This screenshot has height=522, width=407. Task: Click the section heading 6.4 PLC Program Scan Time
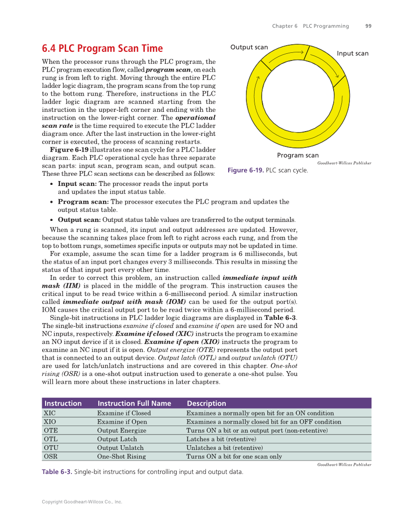pyautogui.click(x=102, y=49)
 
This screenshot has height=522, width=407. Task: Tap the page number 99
pyautogui.click(x=368, y=26)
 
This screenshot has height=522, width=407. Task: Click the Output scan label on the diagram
pyautogui.click(x=249, y=47)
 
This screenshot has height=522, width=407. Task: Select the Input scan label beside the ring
pyautogui.click(x=352, y=53)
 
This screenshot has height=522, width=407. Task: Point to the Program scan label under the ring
pyautogui.click(x=297, y=155)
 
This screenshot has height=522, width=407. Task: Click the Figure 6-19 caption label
pyautogui.click(x=245, y=170)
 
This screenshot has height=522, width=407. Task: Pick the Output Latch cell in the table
pyautogui.click(x=117, y=439)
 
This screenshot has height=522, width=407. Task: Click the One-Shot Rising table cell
pyautogui.click(x=121, y=456)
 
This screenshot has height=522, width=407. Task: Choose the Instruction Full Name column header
pyautogui.click(x=134, y=403)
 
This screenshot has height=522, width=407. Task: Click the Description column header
pyautogui.click(x=206, y=403)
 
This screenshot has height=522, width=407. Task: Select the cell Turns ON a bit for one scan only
pyautogui.click(x=234, y=456)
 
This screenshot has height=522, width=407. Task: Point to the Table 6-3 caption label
pyautogui.click(x=57, y=472)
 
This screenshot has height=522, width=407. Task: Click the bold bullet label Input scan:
pyautogui.click(x=77, y=184)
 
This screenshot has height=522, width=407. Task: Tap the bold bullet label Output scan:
pyautogui.click(x=79, y=220)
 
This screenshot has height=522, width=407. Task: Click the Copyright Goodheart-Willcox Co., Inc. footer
pyautogui.click(x=82, y=502)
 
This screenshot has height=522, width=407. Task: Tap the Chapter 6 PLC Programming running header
pyautogui.click(x=310, y=26)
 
